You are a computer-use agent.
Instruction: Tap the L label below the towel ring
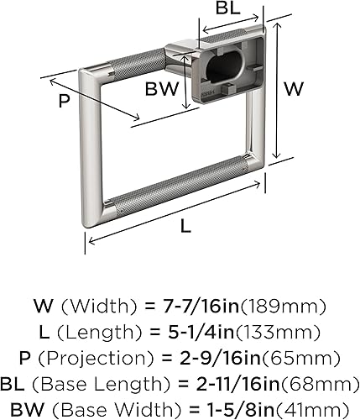185,225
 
